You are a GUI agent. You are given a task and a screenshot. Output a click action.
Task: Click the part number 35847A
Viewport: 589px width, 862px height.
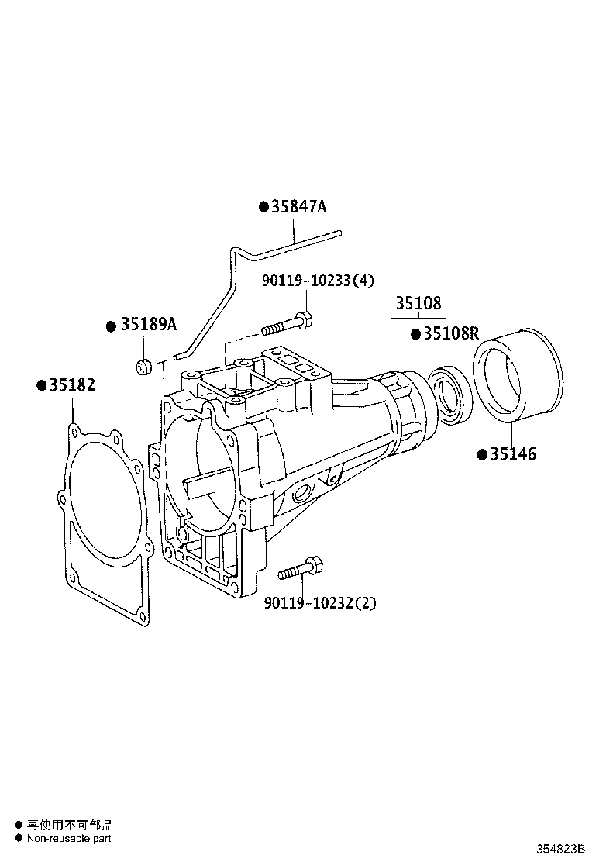[299, 207]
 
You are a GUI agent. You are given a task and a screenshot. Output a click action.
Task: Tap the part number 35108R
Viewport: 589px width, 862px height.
[450, 334]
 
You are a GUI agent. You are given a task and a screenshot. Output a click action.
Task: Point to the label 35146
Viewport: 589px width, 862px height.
[512, 454]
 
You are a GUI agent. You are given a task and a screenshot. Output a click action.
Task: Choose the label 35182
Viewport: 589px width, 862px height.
[72, 385]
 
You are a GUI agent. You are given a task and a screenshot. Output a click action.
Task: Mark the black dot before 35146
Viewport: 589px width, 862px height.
[481, 454]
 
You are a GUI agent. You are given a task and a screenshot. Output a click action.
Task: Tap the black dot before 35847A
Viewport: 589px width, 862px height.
[263, 207]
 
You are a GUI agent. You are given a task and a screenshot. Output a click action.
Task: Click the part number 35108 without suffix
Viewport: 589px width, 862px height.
[418, 303]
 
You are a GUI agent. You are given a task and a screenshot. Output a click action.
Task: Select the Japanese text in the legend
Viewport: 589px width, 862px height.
[70, 826]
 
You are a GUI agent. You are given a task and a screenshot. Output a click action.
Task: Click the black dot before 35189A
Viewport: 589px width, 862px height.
[111, 326]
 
